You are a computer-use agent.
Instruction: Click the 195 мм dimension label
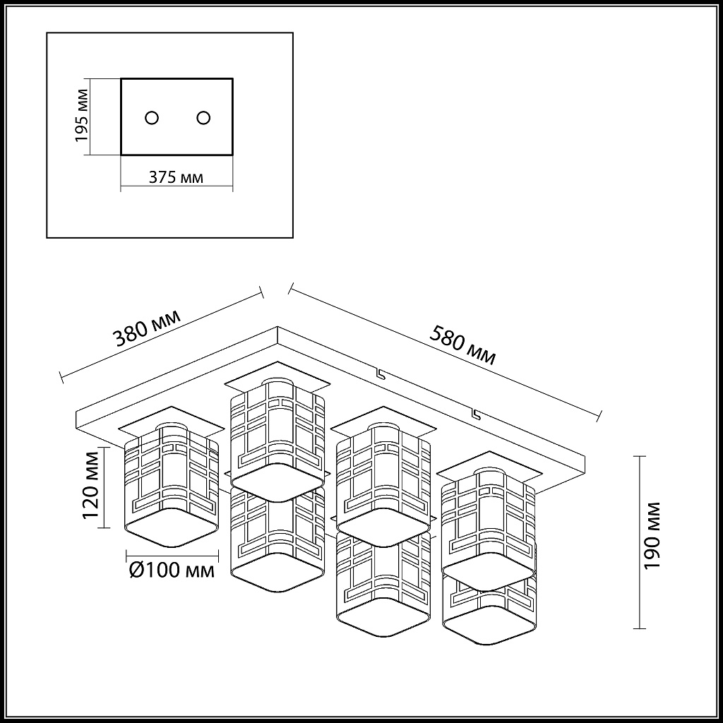(82, 115)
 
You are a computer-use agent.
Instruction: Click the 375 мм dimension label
(176, 177)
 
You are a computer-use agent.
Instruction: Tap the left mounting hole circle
(152, 118)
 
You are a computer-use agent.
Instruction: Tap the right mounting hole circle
(203, 118)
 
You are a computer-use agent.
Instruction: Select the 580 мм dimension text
(462, 345)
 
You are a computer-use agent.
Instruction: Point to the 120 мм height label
(91, 485)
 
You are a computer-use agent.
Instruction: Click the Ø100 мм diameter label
(172, 570)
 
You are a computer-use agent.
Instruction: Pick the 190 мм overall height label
(652, 536)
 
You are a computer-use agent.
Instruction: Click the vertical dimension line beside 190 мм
(639, 542)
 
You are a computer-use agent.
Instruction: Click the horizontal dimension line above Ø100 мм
(172, 555)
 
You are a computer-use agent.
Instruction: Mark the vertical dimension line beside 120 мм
(105, 487)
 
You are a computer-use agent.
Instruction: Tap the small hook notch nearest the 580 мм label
(381, 374)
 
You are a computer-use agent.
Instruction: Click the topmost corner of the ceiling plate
(277, 327)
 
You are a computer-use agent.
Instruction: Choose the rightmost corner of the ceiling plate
(585, 457)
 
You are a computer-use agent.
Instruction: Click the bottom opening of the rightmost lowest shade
(490, 625)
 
